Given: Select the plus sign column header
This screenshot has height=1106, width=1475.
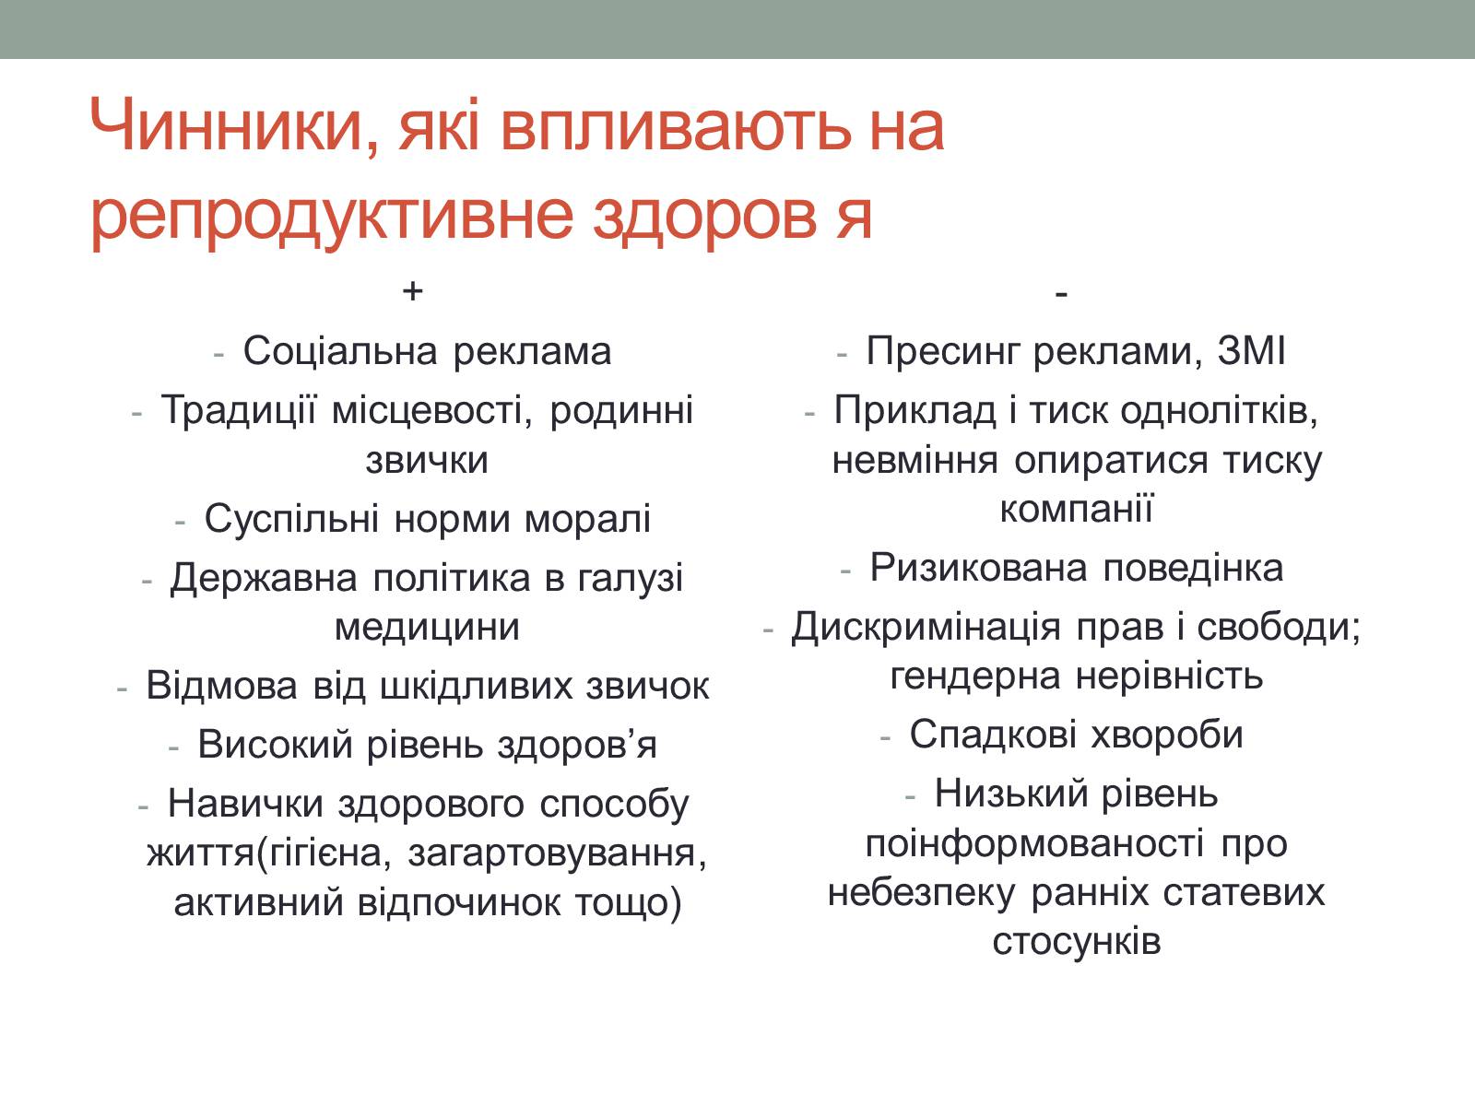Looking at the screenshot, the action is tap(412, 291).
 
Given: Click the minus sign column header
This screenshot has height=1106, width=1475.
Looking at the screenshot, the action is tap(1062, 293).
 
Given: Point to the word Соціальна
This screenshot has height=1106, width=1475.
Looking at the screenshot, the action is tap(340, 350).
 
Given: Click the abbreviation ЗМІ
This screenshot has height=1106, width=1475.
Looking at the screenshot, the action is tap(1251, 350).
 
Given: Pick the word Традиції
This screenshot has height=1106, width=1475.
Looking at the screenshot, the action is tap(239, 409).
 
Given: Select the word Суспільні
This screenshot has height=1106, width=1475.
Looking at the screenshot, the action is tap(291, 518).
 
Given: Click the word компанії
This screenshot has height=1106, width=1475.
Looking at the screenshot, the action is tap(1077, 509).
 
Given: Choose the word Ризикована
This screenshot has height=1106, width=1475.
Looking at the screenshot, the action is tap(978, 568).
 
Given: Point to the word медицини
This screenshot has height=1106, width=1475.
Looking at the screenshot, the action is tap(428, 628).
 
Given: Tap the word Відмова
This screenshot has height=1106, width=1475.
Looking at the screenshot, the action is tap(222, 687).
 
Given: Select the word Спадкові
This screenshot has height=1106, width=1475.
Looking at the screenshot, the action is tap(993, 734).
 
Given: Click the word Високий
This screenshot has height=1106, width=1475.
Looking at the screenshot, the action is tap(275, 745).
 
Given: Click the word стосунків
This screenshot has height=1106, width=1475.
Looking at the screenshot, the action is tap(1077, 941).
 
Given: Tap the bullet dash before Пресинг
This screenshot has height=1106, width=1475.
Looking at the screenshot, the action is tap(842, 353).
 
